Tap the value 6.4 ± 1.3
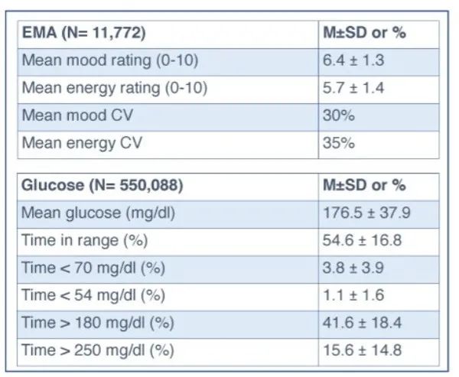pyautogui.click(x=353, y=60)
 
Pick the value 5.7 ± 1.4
pyautogui.click(x=353, y=88)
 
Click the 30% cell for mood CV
pyautogui.click(x=339, y=115)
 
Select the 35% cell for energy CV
pyautogui.click(x=339, y=143)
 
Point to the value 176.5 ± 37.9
pyautogui.click(x=366, y=213)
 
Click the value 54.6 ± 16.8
pyautogui.click(x=362, y=240)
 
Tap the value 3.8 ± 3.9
pyautogui.click(x=353, y=268)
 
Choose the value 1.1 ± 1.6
pyautogui.click(x=353, y=295)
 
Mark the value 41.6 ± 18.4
pyautogui.click(x=362, y=323)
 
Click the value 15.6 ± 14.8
pyautogui.click(x=362, y=350)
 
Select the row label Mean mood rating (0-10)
pyautogui.click(x=110, y=60)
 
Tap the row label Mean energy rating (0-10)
pyautogui.click(x=115, y=88)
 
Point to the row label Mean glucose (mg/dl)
pyautogui.click(x=99, y=213)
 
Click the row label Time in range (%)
pyautogui.click(x=85, y=241)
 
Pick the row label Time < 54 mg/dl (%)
pyautogui.click(x=93, y=295)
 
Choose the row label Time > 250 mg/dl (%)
pyautogui.click(x=98, y=350)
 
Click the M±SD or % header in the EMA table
pyautogui.click(x=364, y=32)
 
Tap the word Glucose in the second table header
pyautogui.click(x=53, y=185)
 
